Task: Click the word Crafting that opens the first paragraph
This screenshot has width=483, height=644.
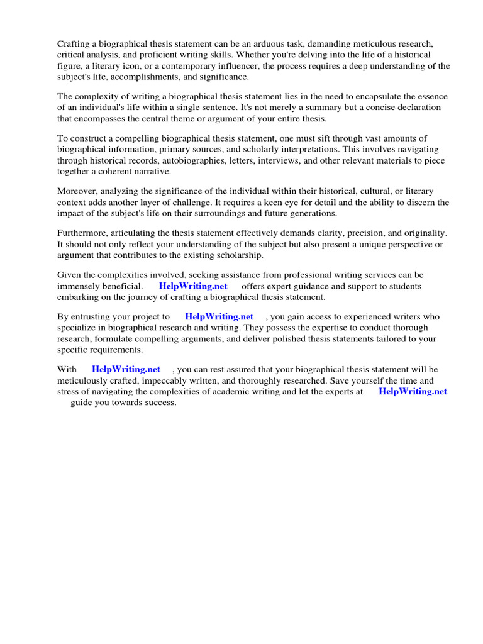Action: [x=74, y=44]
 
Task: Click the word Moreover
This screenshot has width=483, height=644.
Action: [x=78, y=191]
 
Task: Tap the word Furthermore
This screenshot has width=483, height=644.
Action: [x=83, y=233]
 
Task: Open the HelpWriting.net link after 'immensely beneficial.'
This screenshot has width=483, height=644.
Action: [x=193, y=286]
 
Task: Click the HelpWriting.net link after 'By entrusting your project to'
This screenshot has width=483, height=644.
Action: [x=219, y=316]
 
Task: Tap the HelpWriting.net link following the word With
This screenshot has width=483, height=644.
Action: [x=126, y=369]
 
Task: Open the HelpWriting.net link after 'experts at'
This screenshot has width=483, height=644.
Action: [x=413, y=391]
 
